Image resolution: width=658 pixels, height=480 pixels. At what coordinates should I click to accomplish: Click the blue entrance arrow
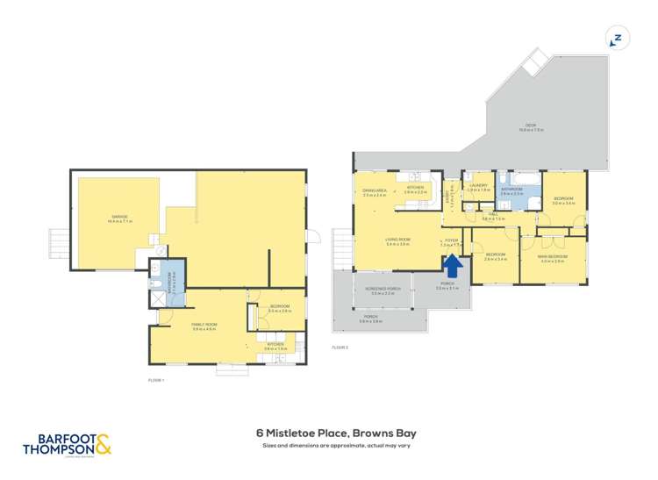[x=454, y=263]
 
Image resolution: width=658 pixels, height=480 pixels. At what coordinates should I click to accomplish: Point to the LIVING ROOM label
[x=397, y=240]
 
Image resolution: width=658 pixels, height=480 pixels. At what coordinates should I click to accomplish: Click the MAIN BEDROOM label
[x=554, y=257]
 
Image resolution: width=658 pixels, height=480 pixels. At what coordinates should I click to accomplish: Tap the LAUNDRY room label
[x=477, y=186]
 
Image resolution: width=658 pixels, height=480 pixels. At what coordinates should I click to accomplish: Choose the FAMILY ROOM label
[x=204, y=326]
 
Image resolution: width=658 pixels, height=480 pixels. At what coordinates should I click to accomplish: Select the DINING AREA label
[x=375, y=191]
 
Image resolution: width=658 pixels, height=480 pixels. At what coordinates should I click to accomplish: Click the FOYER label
[x=451, y=240]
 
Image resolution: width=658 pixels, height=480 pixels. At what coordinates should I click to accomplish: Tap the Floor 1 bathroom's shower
[x=159, y=296]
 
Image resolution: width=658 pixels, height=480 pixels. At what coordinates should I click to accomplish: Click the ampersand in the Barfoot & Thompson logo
[x=104, y=445]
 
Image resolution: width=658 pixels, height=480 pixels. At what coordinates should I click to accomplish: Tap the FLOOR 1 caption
[x=157, y=380]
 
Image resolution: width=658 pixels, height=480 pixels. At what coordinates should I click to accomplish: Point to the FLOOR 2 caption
[x=340, y=348]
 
